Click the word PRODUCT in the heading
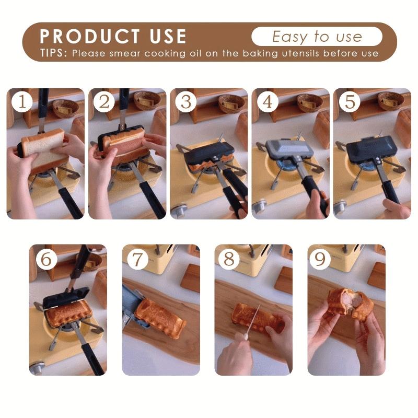click(x=90, y=36)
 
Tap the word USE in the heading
click(x=168, y=36)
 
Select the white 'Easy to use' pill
click(x=317, y=36)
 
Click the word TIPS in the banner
click(x=53, y=53)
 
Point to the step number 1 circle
click(x=22, y=101)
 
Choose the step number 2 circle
click(x=104, y=101)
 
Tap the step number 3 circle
click(x=186, y=101)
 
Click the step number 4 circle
click(x=268, y=101)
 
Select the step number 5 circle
click(x=350, y=101)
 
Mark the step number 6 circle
click(x=47, y=259)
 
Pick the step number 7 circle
click(x=137, y=259)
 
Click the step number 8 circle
click(x=229, y=259)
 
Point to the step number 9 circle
click(x=320, y=259)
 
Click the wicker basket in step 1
click(x=66, y=108)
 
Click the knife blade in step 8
click(x=253, y=319)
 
